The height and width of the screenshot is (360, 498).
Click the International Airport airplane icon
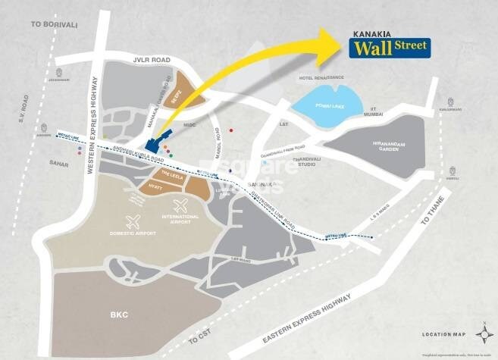point(180,204)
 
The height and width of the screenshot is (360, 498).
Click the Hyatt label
point(155,184)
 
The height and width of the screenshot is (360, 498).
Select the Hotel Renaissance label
point(321,78)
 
